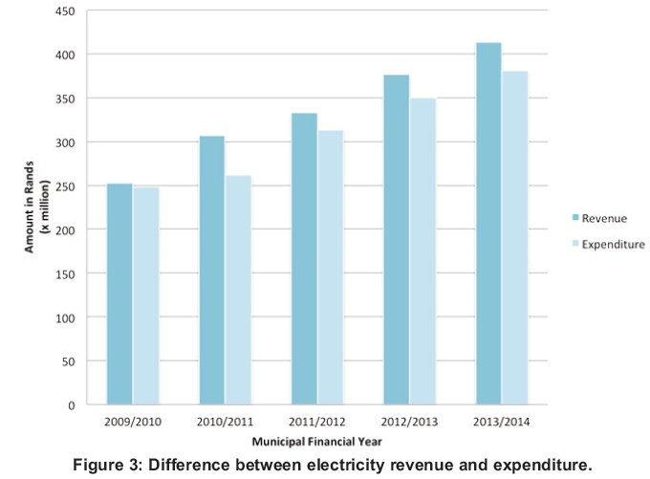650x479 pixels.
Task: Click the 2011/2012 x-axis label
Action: (316, 421)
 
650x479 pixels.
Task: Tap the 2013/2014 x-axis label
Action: (501, 421)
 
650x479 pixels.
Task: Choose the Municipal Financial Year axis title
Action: (316, 441)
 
